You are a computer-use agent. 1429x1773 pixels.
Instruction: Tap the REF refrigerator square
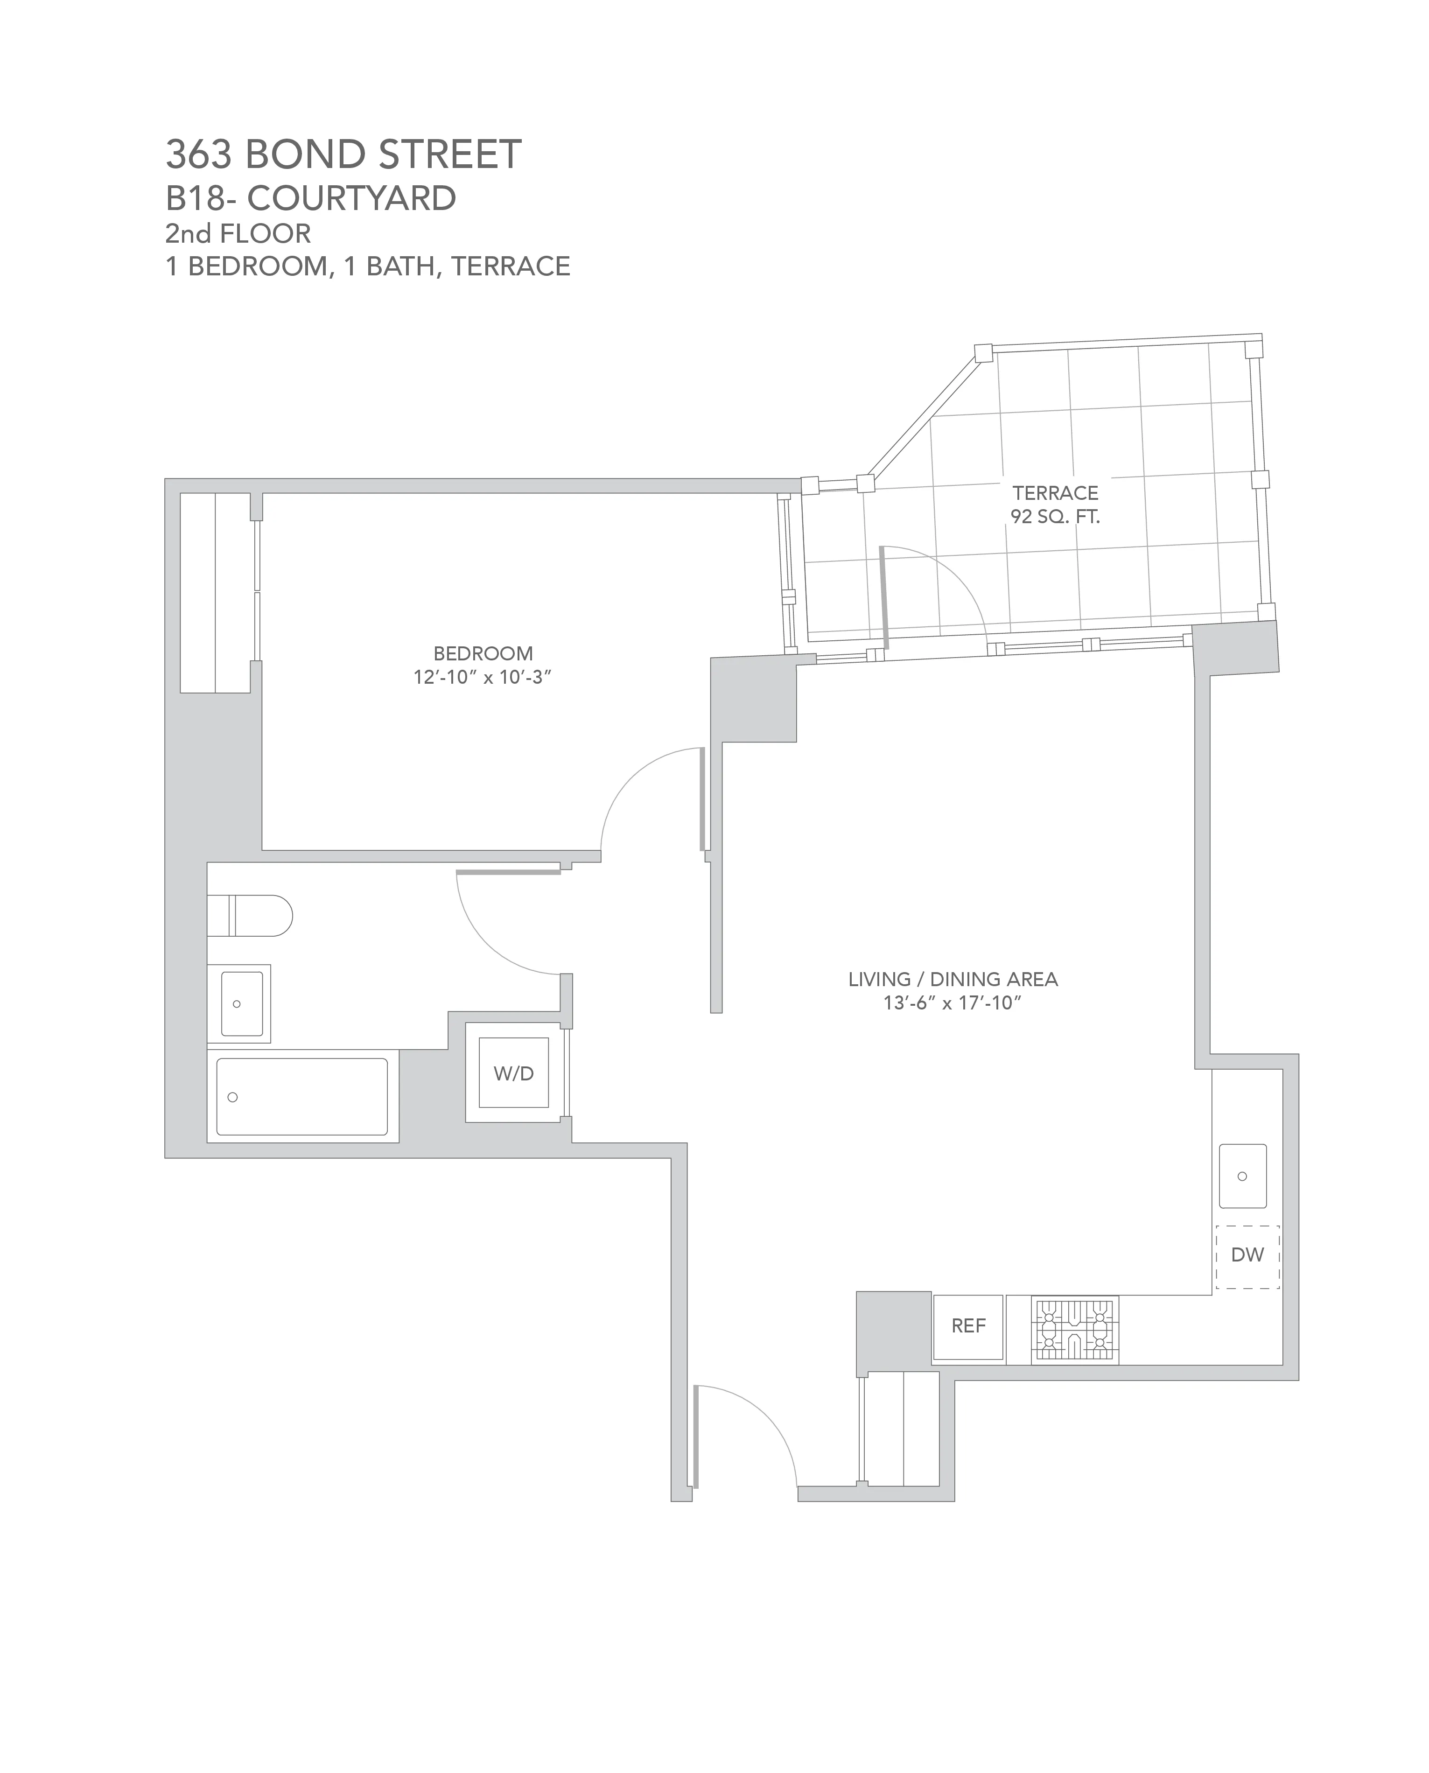[968, 1326]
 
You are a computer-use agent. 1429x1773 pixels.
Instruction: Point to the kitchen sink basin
[1242, 1176]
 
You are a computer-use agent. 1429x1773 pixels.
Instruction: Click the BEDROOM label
[483, 653]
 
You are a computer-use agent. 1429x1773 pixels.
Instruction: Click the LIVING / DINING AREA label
[953, 979]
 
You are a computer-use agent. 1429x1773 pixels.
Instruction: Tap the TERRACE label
[1055, 493]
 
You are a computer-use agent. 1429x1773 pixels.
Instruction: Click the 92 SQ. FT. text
[1055, 517]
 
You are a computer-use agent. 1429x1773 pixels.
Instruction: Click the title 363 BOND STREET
[343, 155]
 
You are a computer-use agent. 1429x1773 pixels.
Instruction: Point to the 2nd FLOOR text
[238, 234]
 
